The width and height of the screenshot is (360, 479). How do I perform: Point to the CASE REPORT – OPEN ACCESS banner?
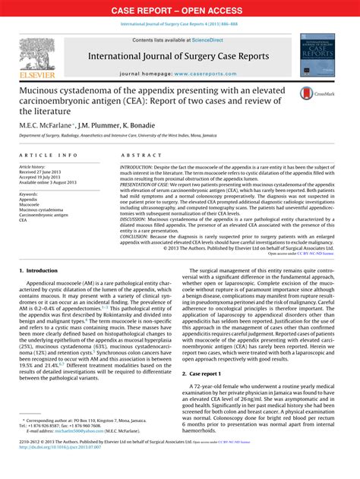[x=180, y=11]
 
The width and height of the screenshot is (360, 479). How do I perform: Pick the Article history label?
[x=33, y=165]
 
